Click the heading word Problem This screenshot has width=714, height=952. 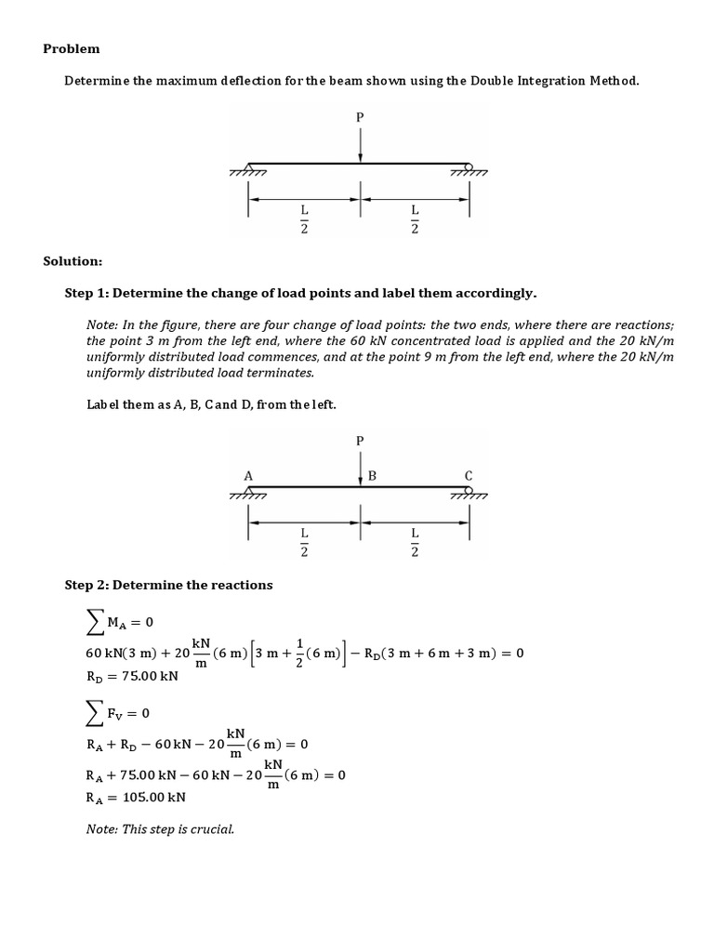[72, 48]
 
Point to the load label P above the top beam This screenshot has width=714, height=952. [360, 117]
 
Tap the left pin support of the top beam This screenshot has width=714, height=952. [248, 168]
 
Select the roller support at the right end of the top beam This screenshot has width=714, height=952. [469, 168]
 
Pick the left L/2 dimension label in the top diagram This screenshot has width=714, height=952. [303, 220]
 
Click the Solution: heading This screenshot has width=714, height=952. [73, 261]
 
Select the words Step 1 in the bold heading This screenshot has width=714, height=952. [86, 293]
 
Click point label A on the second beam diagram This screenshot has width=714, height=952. [248, 475]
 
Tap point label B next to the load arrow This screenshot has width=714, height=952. [372, 475]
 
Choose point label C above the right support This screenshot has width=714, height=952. [469, 475]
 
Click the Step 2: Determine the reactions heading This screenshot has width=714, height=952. [168, 585]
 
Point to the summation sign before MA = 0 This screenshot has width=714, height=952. [95, 621]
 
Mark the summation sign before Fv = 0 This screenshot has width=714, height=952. [95, 714]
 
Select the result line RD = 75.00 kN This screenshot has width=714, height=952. [131, 676]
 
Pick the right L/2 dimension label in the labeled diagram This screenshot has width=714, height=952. [415, 539]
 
